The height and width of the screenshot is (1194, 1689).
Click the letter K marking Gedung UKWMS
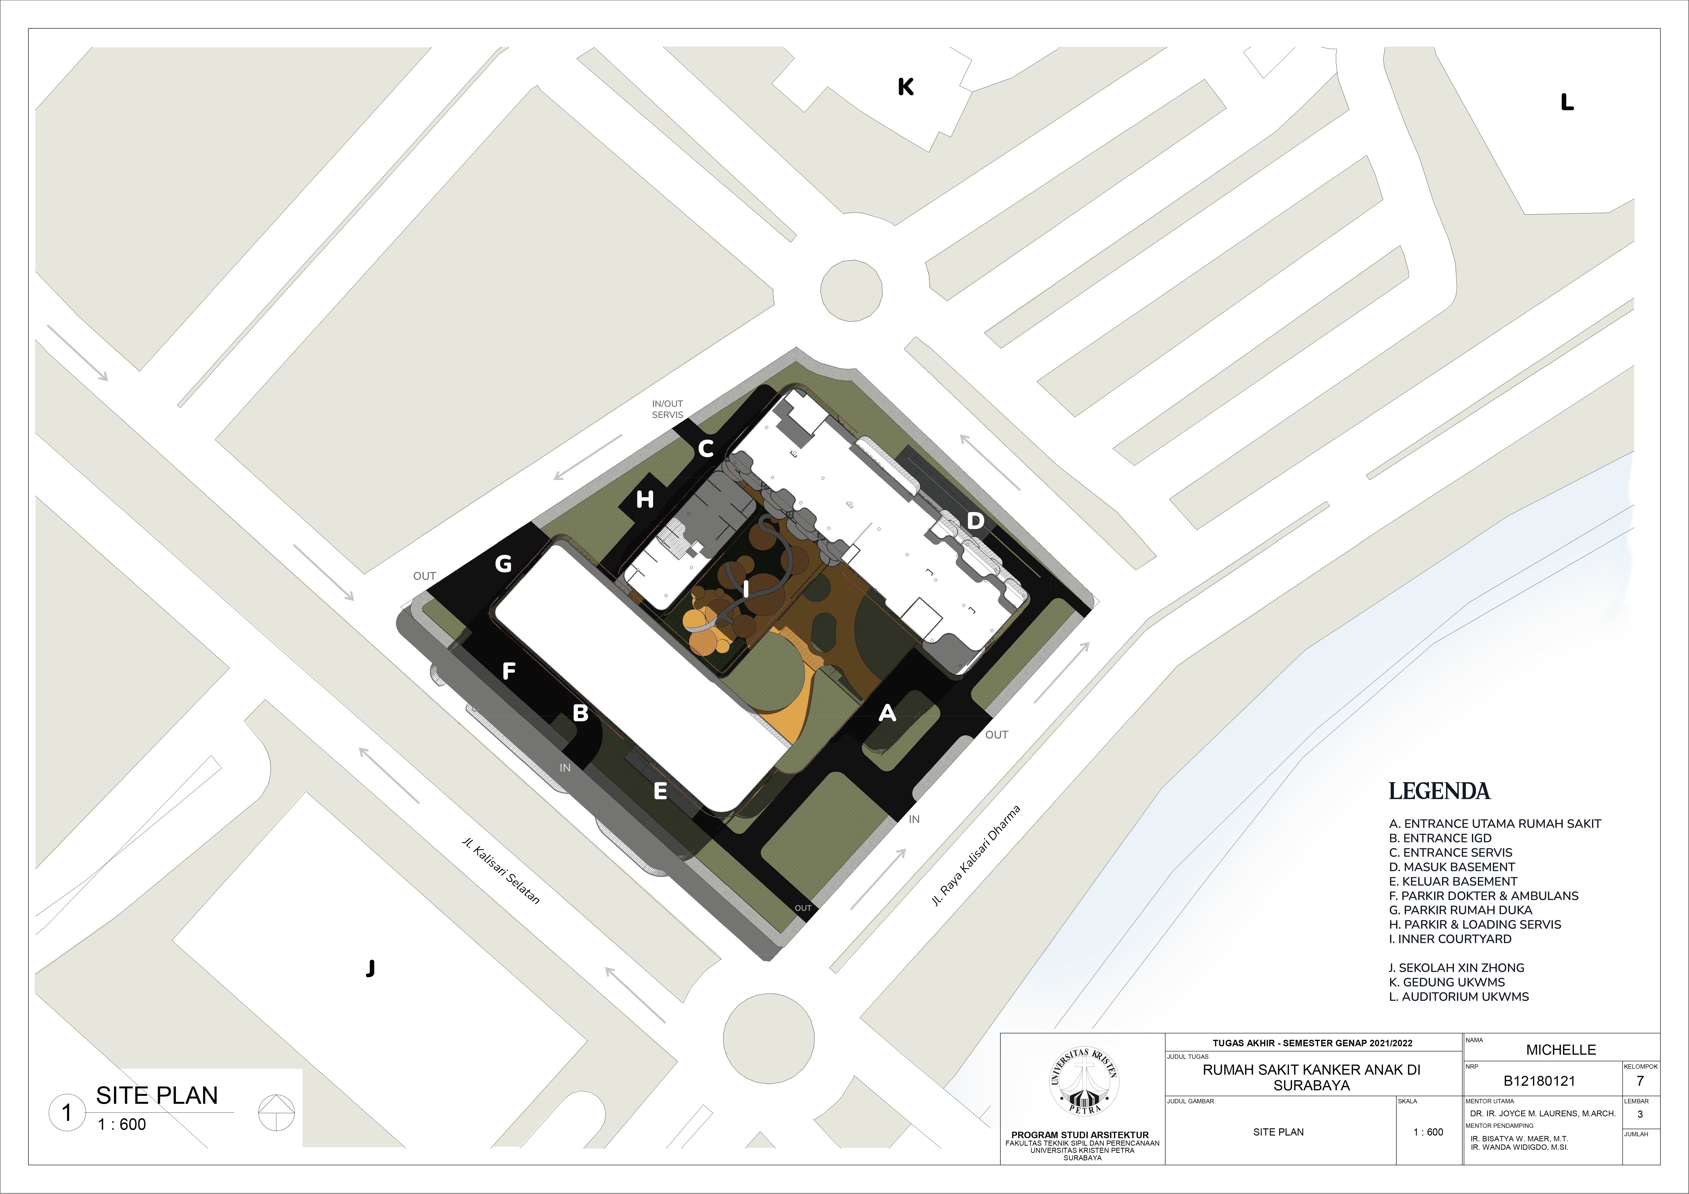pyautogui.click(x=906, y=87)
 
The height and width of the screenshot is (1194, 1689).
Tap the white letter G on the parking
pyautogui.click(x=503, y=564)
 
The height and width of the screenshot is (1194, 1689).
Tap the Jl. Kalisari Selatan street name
pyautogui.click(x=501, y=870)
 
